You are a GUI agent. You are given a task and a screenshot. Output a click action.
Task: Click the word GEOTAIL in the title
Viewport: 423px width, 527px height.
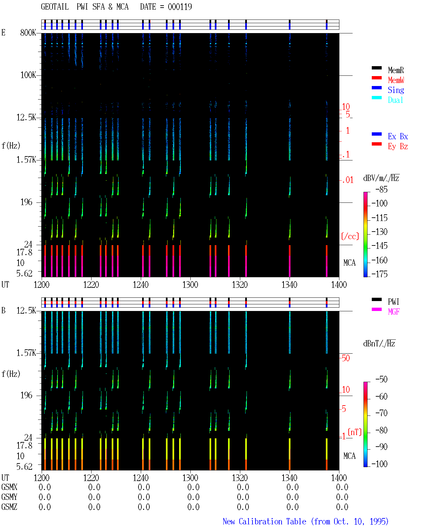click(55, 7)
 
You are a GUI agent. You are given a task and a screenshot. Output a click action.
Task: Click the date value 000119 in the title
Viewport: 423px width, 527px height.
click(180, 7)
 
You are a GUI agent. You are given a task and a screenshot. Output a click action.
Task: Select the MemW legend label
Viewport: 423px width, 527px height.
click(396, 80)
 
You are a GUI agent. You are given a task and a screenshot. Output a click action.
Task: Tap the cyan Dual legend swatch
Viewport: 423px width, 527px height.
click(376, 98)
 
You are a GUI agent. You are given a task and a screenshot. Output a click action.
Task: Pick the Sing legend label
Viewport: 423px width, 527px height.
click(396, 90)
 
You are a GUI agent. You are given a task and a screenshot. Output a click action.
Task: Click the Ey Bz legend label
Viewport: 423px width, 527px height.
click(398, 147)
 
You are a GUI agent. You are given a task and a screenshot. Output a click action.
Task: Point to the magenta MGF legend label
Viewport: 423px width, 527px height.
click(394, 312)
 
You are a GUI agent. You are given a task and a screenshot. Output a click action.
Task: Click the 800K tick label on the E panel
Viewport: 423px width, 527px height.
click(28, 32)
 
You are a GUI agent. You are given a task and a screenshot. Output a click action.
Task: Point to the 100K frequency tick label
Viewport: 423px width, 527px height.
click(28, 75)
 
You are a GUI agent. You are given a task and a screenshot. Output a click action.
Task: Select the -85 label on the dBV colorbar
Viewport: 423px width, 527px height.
click(381, 190)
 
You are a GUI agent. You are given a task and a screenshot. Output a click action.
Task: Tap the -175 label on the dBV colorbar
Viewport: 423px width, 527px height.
click(379, 274)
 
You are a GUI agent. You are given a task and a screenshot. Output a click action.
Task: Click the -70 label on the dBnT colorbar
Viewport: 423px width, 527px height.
click(381, 413)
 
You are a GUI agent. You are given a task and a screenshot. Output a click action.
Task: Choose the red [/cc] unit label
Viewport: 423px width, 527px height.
click(350, 236)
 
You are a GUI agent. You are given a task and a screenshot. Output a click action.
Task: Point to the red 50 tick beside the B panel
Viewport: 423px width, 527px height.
click(346, 358)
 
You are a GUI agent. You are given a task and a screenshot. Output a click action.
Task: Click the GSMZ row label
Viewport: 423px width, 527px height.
click(9, 507)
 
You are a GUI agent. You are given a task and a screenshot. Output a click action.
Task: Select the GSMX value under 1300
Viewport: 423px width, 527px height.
click(193, 487)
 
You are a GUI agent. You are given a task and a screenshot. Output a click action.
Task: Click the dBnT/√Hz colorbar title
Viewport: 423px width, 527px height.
click(379, 344)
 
